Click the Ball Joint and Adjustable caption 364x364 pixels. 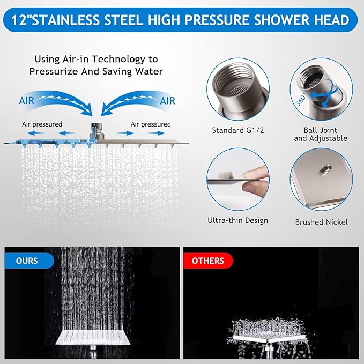click(321, 135)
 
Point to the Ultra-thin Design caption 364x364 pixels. click(237, 220)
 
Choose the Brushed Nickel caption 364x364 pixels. click(321, 222)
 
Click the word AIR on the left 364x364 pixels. click(29, 100)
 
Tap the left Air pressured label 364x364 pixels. click(42, 124)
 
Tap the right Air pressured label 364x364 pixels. click(151, 124)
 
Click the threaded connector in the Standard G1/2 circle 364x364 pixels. click(234, 88)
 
